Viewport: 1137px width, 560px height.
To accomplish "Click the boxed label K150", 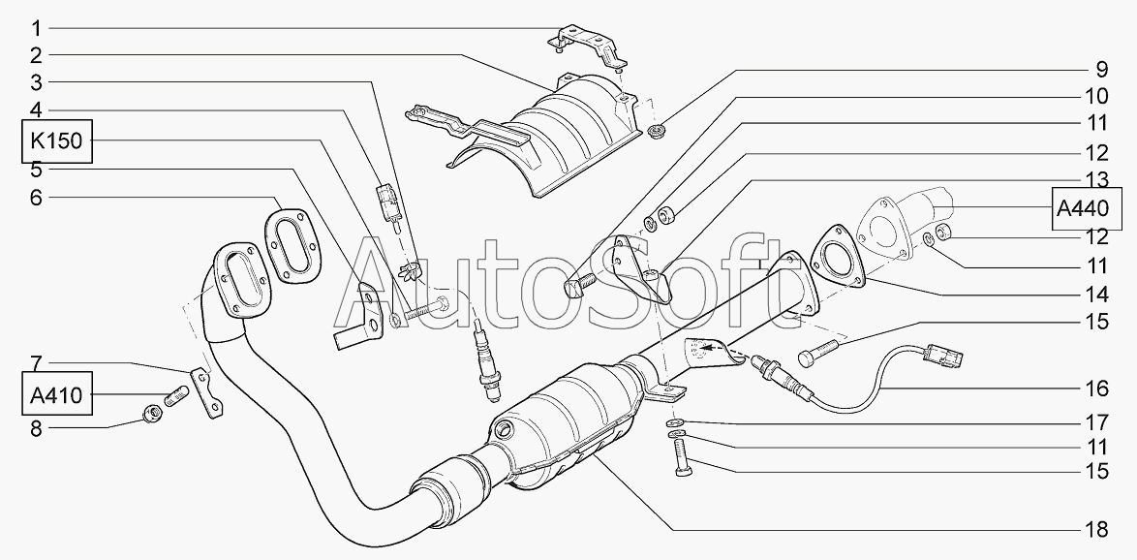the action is [x=56, y=140].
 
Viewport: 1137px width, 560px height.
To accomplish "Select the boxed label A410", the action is [x=56, y=395].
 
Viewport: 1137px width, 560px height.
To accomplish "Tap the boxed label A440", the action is [x=1083, y=209].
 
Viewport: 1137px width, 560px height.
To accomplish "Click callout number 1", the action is [x=36, y=28].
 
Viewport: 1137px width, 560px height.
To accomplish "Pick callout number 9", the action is [x=1102, y=70].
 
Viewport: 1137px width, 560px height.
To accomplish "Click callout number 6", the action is [x=36, y=198].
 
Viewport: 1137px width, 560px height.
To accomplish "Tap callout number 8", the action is [x=36, y=428].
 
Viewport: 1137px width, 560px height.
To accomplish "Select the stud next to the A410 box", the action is [x=177, y=397].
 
